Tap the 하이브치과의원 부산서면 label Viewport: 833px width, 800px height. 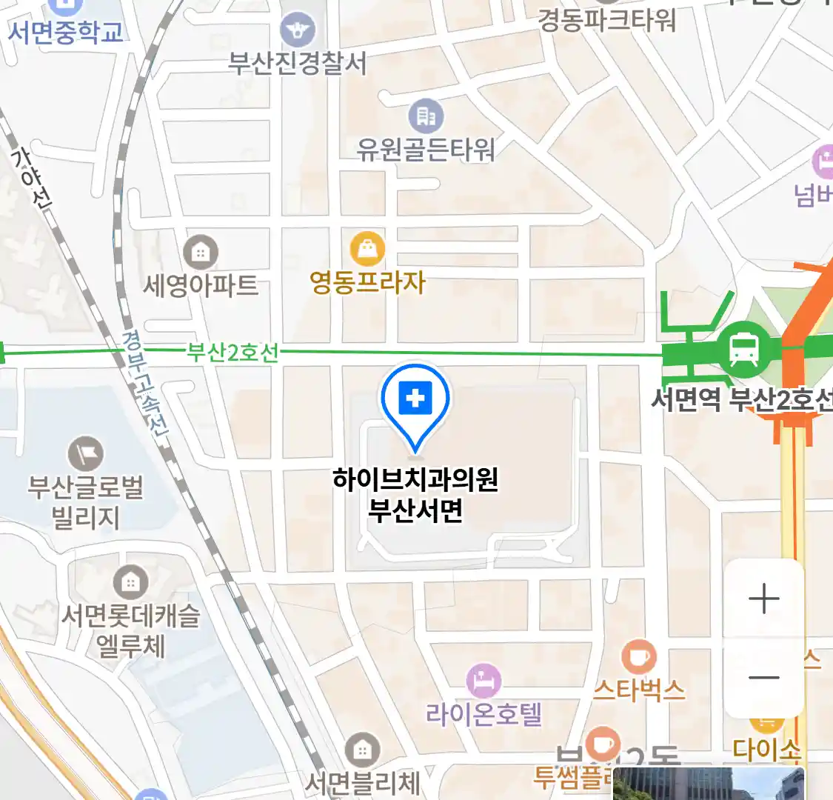415,495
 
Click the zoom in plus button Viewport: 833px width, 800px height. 764,599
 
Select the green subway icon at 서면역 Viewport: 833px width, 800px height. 743,348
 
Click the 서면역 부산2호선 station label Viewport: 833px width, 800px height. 740,400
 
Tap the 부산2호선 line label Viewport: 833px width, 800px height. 232,352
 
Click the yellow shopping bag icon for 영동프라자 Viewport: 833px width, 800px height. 367,250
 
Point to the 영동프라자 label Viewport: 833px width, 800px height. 367,282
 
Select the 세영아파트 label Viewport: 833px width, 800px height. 201,285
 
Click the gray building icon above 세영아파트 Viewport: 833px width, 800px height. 201,253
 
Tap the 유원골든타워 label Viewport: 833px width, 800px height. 426,150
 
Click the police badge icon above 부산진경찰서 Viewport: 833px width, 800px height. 298,31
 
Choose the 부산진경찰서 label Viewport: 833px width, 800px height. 297,64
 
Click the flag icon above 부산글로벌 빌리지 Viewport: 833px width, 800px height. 86,453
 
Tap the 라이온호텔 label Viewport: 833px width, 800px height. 484,714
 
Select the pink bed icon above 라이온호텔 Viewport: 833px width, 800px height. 484,681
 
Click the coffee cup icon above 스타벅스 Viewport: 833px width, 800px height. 638,657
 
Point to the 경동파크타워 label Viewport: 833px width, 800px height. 607,20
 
